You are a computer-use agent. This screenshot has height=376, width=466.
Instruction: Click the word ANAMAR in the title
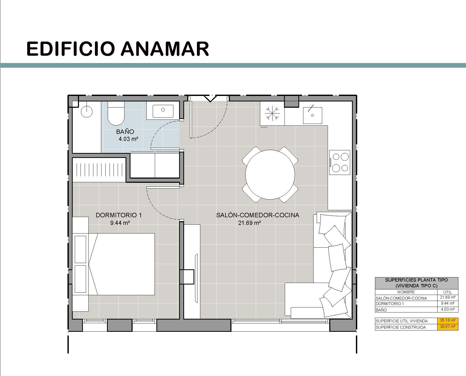pos(165,48)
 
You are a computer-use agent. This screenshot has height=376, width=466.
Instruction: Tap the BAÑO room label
pos(125,132)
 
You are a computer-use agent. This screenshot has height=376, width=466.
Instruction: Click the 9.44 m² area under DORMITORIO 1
pos(120,223)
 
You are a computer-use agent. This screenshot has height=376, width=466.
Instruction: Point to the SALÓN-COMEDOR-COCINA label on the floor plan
pos(258,215)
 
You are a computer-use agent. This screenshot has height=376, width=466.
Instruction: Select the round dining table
pos(270,174)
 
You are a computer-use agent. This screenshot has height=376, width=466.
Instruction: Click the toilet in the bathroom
pos(116,113)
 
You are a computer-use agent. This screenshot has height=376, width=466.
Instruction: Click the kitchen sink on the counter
pos(312,115)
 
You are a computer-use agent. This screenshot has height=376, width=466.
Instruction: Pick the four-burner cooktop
pos(340,162)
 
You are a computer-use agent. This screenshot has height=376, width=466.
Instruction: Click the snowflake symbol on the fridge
pos(272,113)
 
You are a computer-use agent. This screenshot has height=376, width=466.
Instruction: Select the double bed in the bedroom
pos(121,264)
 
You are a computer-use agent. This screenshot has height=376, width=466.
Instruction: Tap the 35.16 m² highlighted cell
pos(448,320)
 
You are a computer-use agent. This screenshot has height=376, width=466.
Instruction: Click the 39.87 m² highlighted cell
pos(448,327)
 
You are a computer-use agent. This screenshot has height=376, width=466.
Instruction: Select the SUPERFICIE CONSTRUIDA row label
pos(401,327)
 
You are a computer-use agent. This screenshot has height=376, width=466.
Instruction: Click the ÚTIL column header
pos(448,292)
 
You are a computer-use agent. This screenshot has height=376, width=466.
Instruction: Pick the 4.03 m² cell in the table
pos(448,309)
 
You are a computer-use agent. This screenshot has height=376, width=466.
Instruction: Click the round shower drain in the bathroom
pos(87,112)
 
